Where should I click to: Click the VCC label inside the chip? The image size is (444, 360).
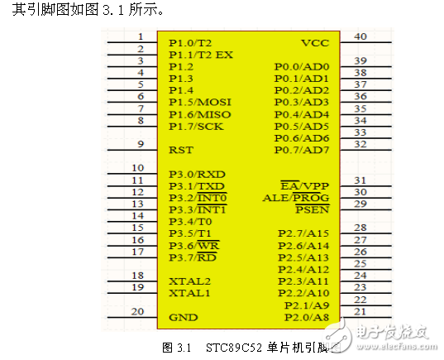pos(315,42)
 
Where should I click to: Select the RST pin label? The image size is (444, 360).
pos(180,151)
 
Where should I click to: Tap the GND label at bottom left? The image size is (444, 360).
pos(183,317)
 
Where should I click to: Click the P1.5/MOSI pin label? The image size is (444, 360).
pos(199,102)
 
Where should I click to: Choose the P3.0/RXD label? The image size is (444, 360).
pos(197,175)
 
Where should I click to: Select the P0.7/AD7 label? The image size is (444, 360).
pos(302,150)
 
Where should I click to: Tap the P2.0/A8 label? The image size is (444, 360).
pos(306,317)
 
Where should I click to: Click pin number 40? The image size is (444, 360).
pos(360,36)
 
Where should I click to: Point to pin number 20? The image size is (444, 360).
pos(138,311)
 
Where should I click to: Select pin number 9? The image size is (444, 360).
pos(141,145)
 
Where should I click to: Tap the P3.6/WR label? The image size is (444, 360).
pos(193,246)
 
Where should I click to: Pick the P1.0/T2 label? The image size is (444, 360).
pos(190,42)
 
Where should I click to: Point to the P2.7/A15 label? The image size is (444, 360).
pos(303,233)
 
